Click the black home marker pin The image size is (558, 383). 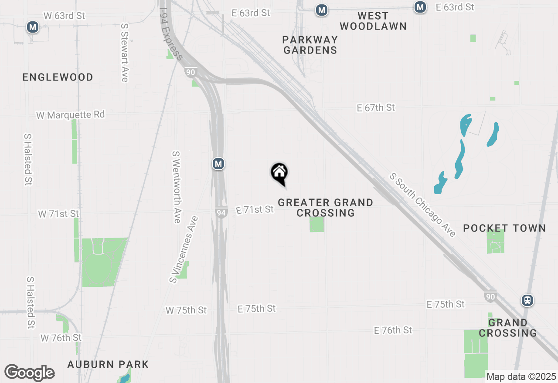pyautogui.click(x=279, y=173)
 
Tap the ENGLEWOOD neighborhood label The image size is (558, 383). pyautogui.click(x=58, y=77)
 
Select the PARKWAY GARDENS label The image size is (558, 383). pyautogui.click(x=310, y=45)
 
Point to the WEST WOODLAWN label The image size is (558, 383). pyautogui.click(x=373, y=21)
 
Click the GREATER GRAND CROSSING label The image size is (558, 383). pyautogui.click(x=326, y=208)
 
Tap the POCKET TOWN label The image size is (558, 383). pyautogui.click(x=504, y=228)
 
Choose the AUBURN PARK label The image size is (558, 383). pyautogui.click(x=108, y=364)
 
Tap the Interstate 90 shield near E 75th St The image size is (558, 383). pyautogui.click(x=490, y=297)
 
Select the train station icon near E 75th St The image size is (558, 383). pyautogui.click(x=527, y=300)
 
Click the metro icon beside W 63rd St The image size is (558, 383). pyautogui.click(x=32, y=27)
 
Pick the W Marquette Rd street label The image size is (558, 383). pyautogui.click(x=71, y=115)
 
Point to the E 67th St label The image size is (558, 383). pyautogui.click(x=376, y=108)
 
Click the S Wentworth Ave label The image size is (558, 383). pyautogui.click(x=177, y=187)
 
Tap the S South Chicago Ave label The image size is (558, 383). pyautogui.click(x=422, y=205)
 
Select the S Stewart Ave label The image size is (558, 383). pyautogui.click(x=125, y=52)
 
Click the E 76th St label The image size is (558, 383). pyautogui.click(x=393, y=330)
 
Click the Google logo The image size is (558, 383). pyautogui.click(x=29, y=373)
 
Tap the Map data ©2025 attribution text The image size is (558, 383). pyautogui.click(x=521, y=376)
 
